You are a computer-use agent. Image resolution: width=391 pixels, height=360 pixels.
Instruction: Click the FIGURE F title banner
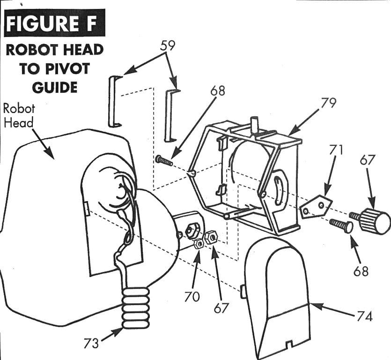tap(54, 23)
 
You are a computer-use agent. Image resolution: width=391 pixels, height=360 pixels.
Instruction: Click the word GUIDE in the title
tap(54, 87)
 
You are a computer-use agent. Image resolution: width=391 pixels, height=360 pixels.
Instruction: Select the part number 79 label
tap(328, 103)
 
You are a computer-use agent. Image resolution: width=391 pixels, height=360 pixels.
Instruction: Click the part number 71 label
tap(335, 150)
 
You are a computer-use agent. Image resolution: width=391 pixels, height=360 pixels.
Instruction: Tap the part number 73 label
tap(91, 343)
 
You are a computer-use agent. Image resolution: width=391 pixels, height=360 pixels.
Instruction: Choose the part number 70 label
tap(192, 297)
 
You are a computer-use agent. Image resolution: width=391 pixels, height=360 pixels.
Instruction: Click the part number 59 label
tap(168, 45)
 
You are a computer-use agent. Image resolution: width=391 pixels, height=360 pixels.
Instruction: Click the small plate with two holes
tap(316, 206)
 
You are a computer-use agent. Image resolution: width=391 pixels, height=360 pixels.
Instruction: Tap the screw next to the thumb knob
tap(341, 225)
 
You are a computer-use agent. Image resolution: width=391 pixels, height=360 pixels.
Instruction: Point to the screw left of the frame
tap(164, 160)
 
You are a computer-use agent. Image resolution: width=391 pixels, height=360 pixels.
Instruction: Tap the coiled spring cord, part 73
tap(135, 307)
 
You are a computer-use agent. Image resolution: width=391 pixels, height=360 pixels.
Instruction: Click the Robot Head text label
tap(19, 116)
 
